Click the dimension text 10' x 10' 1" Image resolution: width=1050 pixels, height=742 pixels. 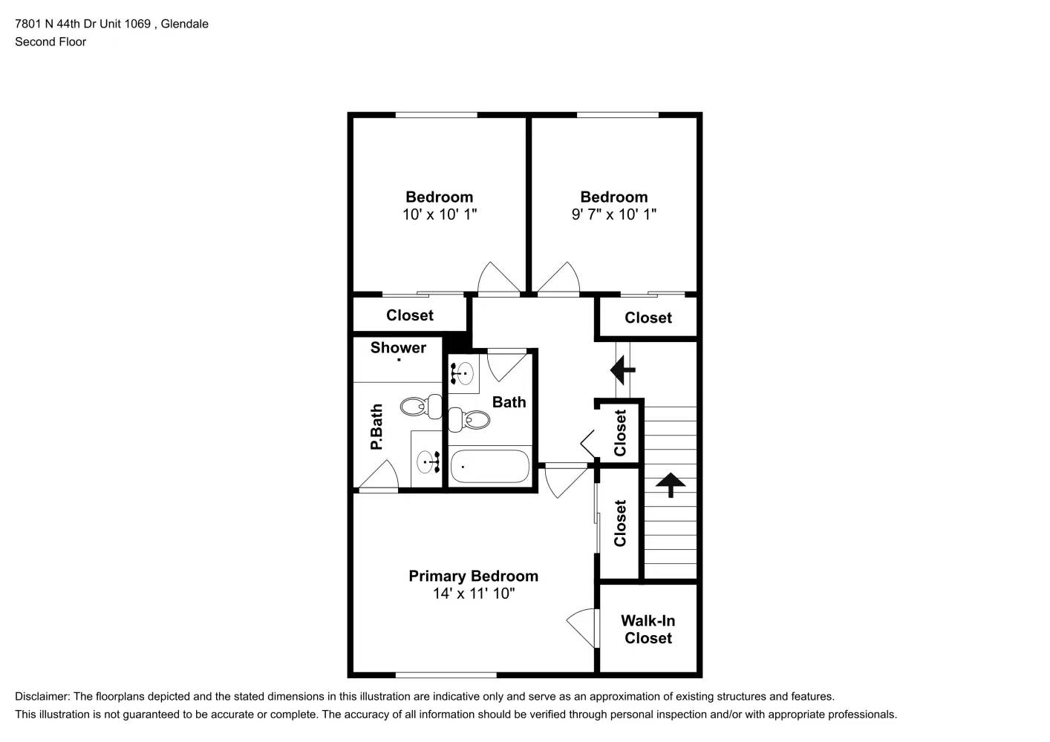(x=439, y=214)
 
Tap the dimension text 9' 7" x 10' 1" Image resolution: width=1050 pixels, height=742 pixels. (x=613, y=214)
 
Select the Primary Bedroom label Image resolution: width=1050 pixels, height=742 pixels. (x=473, y=576)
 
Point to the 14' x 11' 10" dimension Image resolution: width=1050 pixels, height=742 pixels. (x=473, y=594)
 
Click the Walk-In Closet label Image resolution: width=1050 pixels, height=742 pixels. (x=648, y=629)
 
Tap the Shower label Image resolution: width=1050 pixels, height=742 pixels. (x=398, y=347)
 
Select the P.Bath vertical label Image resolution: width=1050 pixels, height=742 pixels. (x=376, y=427)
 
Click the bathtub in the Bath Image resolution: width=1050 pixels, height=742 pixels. (x=490, y=466)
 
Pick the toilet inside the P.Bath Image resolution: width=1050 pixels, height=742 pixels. (x=415, y=406)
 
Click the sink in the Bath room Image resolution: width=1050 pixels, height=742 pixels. (x=463, y=373)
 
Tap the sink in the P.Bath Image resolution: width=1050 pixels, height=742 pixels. (x=428, y=462)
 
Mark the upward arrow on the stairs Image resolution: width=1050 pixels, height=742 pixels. (x=671, y=485)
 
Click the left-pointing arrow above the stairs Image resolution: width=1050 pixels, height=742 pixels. (x=622, y=368)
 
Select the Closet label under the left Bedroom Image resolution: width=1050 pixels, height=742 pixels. (x=409, y=315)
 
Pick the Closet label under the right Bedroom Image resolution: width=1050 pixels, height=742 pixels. (x=648, y=318)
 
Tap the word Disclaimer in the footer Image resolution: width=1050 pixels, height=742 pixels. (x=42, y=697)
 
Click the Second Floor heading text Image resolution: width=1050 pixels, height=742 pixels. (x=50, y=42)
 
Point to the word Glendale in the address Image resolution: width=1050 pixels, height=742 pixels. (x=184, y=24)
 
